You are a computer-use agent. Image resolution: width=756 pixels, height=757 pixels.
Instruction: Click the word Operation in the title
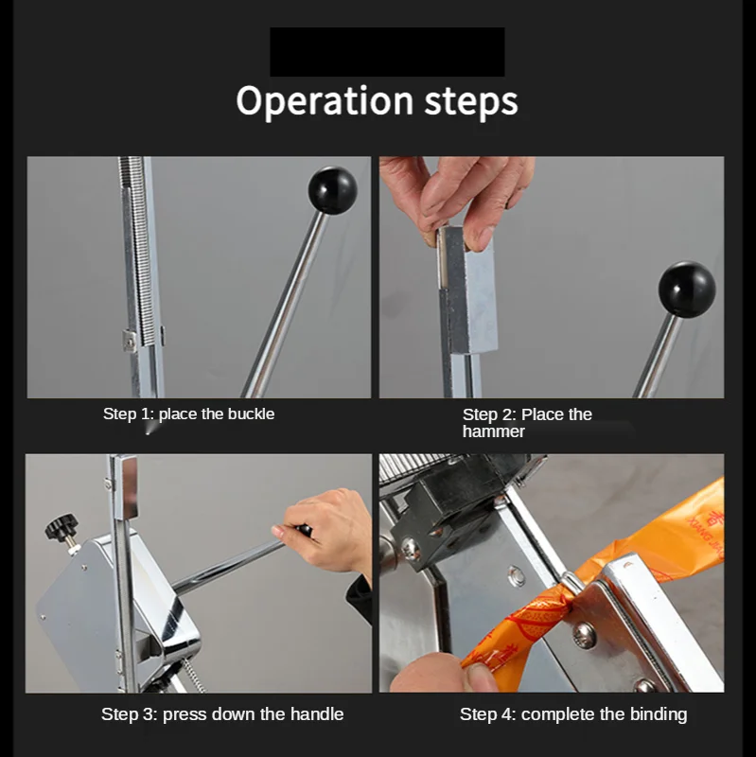(x=325, y=101)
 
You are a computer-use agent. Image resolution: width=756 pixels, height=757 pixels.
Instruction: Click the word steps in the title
(x=470, y=102)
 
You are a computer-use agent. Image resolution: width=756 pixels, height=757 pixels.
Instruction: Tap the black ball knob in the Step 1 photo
(x=333, y=190)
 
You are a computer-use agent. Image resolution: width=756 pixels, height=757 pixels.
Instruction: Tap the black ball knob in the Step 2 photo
(x=687, y=290)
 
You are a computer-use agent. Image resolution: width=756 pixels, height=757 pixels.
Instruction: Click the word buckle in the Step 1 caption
(x=251, y=414)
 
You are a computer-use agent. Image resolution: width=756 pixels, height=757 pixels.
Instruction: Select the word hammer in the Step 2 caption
(x=493, y=431)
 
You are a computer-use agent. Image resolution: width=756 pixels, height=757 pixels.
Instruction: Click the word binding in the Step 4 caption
(x=658, y=714)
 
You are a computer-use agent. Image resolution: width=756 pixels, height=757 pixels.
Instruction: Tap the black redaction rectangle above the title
(x=387, y=52)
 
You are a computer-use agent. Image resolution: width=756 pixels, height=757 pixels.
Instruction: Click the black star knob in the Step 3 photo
(x=62, y=526)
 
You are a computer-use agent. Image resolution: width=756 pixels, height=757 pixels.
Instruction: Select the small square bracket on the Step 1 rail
(x=130, y=340)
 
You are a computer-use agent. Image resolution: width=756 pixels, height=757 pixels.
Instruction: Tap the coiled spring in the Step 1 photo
(x=140, y=251)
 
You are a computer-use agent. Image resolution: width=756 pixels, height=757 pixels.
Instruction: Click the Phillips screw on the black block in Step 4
(x=412, y=551)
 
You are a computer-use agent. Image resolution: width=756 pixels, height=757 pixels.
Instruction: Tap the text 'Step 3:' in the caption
(x=130, y=714)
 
